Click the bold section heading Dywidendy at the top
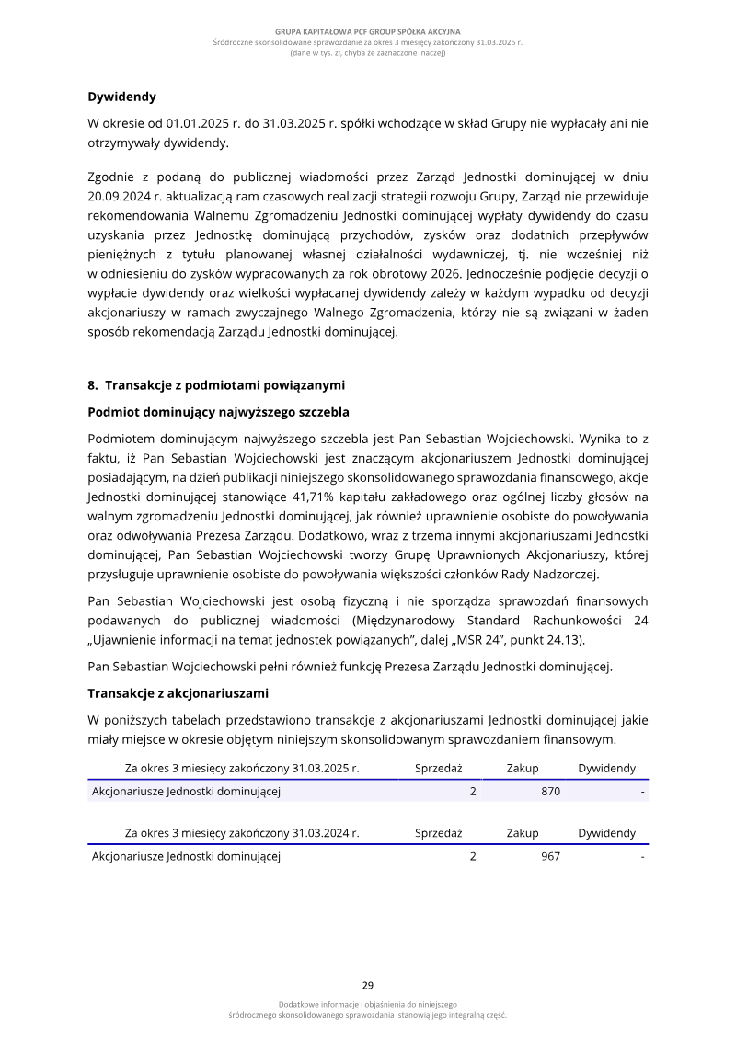(121, 97)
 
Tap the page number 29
(367, 985)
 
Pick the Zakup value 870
(550, 791)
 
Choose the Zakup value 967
(550, 856)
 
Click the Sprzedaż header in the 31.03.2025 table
(438, 769)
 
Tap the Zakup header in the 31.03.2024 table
(523, 833)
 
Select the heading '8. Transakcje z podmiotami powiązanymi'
(216, 384)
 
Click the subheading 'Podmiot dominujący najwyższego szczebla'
(218, 411)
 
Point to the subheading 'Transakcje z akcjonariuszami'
(178, 693)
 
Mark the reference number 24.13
(560, 640)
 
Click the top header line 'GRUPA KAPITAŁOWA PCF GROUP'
(367, 32)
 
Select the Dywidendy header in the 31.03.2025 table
(606, 769)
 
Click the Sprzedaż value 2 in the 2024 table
(473, 856)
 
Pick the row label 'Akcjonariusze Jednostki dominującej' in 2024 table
(186, 856)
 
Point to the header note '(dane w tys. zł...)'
(367, 53)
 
